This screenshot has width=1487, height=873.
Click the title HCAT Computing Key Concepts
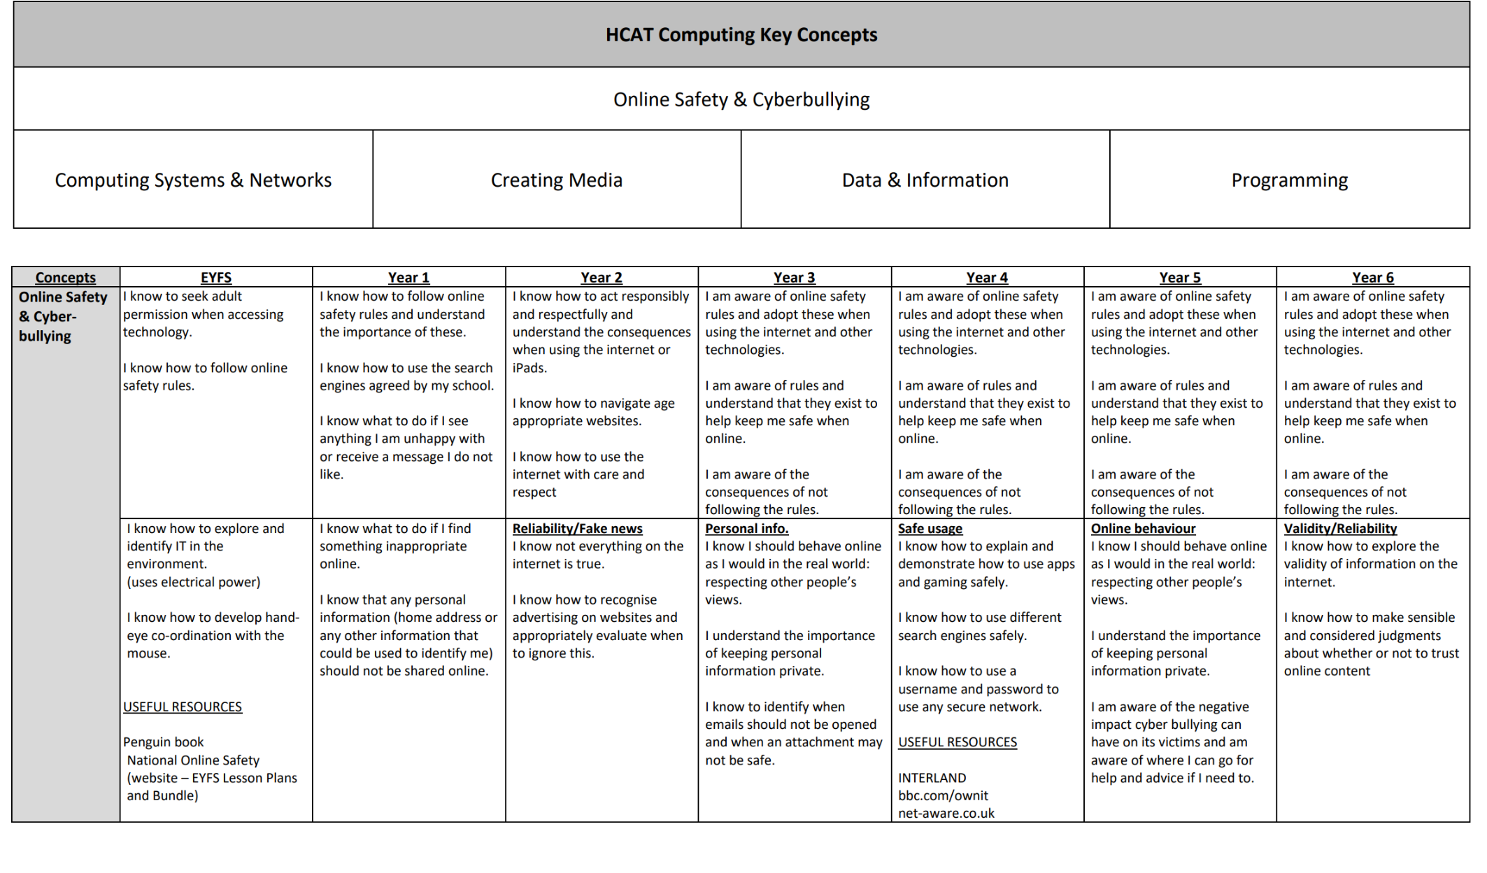[x=741, y=35]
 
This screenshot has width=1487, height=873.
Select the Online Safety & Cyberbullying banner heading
[x=741, y=99]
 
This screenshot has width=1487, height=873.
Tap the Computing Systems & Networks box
[x=193, y=180]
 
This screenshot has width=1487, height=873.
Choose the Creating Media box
[x=556, y=180]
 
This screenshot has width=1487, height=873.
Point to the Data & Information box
[x=925, y=180]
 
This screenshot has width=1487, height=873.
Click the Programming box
[x=1289, y=180]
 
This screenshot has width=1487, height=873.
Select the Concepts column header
[x=66, y=277]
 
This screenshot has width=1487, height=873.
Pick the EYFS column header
[x=216, y=277]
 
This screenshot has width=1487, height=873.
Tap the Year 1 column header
[x=408, y=277]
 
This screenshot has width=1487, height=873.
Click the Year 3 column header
[x=794, y=277]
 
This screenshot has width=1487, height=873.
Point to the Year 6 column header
[x=1372, y=277]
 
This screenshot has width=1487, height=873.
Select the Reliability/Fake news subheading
[x=577, y=529]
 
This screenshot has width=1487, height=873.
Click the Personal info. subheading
[x=746, y=529]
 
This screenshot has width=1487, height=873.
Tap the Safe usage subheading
[x=930, y=529]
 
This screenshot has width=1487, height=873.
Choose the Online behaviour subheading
[x=1143, y=529]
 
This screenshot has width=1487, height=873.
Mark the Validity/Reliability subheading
[x=1340, y=529]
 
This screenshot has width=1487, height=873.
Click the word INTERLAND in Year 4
[x=932, y=778]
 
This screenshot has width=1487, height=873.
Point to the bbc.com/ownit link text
[x=943, y=795]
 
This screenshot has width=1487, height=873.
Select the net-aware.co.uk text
[x=946, y=813]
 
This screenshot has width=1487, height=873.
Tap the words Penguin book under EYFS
[x=164, y=741]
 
